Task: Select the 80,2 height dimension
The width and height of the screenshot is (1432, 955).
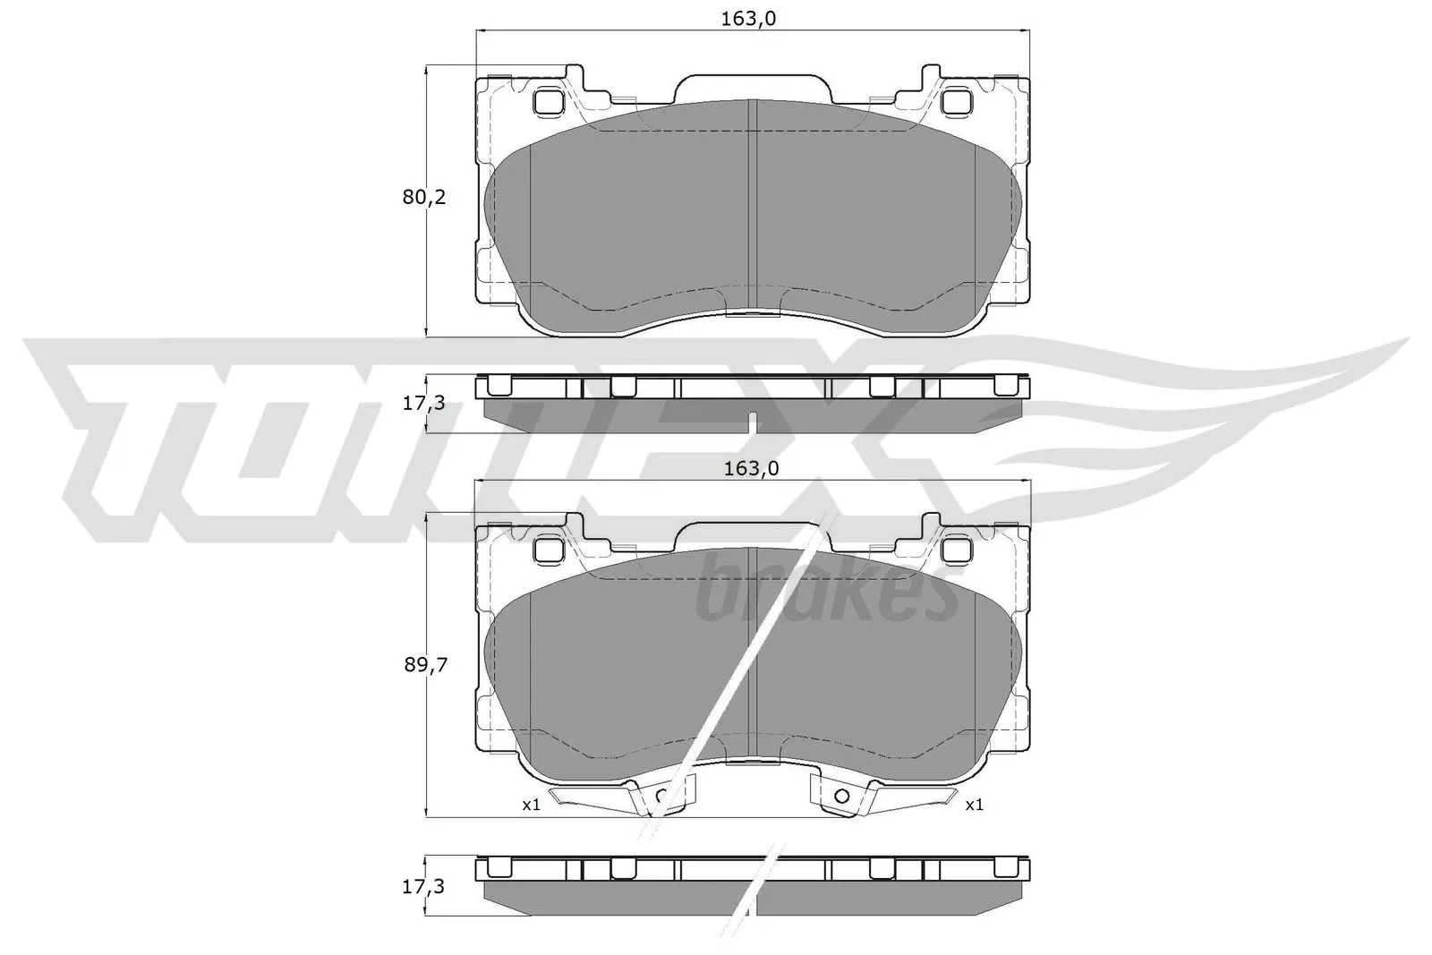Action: tap(423, 198)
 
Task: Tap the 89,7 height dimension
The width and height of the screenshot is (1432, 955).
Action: tap(423, 664)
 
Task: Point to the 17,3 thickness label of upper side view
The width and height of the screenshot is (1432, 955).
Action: tap(423, 403)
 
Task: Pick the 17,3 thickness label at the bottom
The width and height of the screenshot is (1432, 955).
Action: tap(423, 887)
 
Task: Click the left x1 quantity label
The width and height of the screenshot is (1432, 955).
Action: tap(532, 805)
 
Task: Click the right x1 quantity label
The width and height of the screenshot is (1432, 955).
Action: tap(974, 805)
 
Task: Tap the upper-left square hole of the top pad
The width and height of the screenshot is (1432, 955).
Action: tap(547, 102)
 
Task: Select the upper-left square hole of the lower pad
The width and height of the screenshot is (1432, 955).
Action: tap(547, 547)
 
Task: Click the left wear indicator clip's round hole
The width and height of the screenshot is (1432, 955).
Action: tap(662, 795)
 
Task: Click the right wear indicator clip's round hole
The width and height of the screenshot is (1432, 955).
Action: tap(840, 795)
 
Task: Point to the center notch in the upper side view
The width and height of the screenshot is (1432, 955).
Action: tap(753, 420)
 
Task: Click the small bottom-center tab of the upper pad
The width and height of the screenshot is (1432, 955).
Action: tap(752, 313)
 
